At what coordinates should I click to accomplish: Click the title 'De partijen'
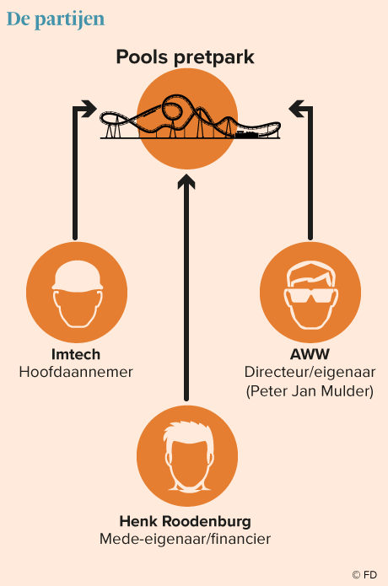click(x=56, y=19)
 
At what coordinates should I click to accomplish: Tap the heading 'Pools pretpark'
click(x=185, y=57)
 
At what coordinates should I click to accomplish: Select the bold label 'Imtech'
click(x=76, y=354)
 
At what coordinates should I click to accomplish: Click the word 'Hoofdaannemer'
click(x=76, y=372)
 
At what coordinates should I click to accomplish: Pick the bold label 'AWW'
click(x=310, y=354)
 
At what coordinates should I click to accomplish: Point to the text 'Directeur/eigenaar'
click(x=310, y=372)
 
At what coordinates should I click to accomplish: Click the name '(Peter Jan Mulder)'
click(x=310, y=391)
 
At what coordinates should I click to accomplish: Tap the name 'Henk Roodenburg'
click(x=185, y=521)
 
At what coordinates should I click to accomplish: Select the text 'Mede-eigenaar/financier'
click(x=185, y=539)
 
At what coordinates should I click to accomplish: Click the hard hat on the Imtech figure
click(x=78, y=276)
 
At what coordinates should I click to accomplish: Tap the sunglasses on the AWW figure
click(x=311, y=296)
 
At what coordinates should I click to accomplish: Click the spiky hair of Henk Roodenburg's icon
click(x=187, y=433)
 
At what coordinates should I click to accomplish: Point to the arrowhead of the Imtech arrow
click(x=89, y=109)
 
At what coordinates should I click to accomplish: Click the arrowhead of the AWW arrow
click(x=297, y=109)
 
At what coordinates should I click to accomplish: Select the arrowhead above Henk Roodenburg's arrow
click(x=186, y=181)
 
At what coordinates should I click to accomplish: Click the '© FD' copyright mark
click(x=364, y=574)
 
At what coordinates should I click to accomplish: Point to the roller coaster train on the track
click(x=246, y=134)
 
